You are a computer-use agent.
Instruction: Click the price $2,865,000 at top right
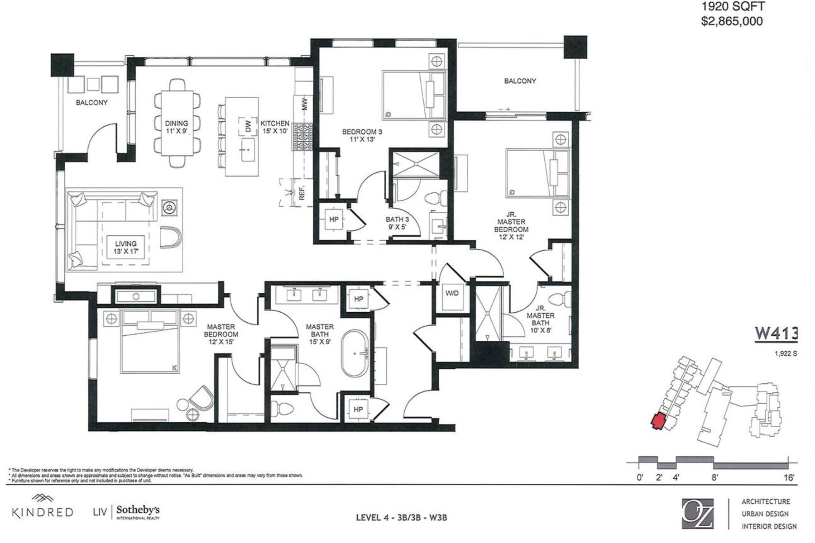click(x=732, y=21)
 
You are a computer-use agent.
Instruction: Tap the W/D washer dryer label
click(x=451, y=293)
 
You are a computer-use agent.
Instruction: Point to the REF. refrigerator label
click(x=302, y=192)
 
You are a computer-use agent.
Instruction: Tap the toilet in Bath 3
click(x=436, y=198)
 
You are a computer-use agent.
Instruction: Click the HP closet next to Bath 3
click(x=334, y=219)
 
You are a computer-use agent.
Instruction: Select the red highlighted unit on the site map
click(x=657, y=421)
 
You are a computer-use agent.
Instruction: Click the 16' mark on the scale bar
click(x=789, y=477)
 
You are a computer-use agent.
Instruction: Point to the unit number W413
click(x=776, y=334)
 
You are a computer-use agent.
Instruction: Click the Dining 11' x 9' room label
click(x=176, y=127)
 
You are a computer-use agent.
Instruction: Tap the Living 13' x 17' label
click(x=125, y=248)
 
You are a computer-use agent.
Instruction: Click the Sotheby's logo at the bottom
click(x=138, y=512)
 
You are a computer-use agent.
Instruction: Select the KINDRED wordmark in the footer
click(x=42, y=512)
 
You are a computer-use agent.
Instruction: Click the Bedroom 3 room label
click(x=362, y=135)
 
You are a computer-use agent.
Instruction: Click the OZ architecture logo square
click(x=697, y=513)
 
